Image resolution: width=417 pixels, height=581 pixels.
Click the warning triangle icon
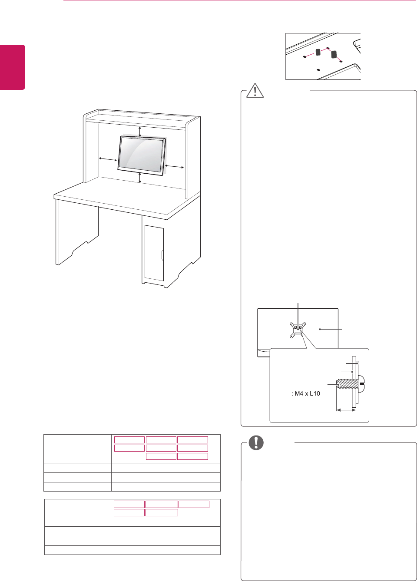(x=255, y=91)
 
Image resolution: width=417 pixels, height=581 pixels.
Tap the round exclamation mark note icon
(x=256, y=442)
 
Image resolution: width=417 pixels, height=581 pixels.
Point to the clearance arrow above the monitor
(x=139, y=131)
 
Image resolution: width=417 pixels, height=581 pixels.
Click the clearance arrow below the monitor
(x=139, y=178)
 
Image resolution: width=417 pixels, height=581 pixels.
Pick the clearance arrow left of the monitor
(x=108, y=159)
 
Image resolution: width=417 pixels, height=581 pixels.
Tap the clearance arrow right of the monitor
(x=175, y=166)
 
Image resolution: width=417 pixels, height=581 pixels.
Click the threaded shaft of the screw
(x=346, y=384)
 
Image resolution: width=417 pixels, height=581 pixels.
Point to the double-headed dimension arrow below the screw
(x=347, y=409)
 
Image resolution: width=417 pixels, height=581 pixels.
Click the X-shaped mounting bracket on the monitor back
(x=298, y=329)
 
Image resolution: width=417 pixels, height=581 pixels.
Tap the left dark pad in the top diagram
(x=318, y=52)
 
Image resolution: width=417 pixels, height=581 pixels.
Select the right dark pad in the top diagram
(x=334, y=55)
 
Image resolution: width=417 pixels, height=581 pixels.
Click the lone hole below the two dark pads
(x=319, y=69)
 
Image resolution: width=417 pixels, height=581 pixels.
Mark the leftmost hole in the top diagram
(x=304, y=56)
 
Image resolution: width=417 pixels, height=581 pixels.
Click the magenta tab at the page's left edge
(x=12, y=67)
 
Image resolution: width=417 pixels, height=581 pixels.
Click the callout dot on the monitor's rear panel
(x=320, y=329)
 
